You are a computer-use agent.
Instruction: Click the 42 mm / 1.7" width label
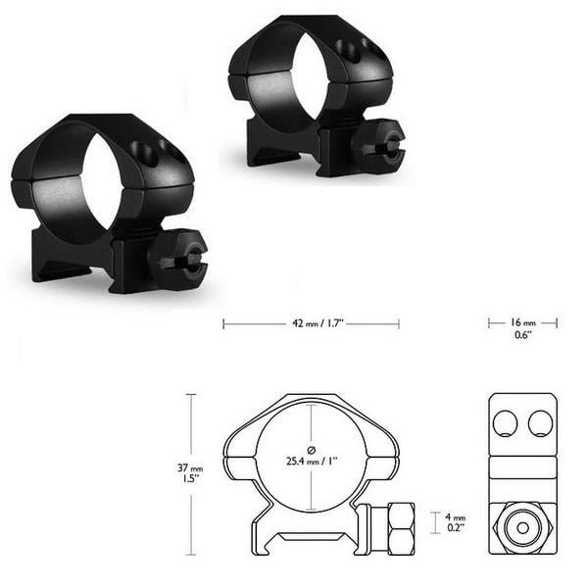point(311,322)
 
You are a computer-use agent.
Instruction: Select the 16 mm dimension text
point(522,322)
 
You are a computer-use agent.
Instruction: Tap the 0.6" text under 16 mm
point(522,336)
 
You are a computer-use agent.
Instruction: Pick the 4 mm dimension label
point(455,515)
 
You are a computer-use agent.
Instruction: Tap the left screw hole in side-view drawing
point(506,423)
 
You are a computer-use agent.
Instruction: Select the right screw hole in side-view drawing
point(540,423)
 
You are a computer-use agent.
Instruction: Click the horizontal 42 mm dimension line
point(255,323)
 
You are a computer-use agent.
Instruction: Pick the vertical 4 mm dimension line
point(435,522)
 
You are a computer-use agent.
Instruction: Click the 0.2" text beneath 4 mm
point(455,529)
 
